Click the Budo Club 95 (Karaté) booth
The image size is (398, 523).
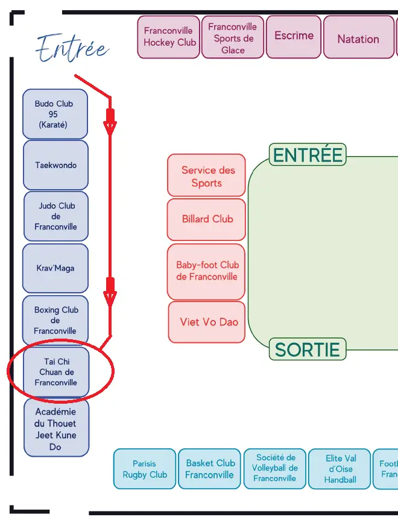click(x=55, y=114)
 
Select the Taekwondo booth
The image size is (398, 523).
click(x=55, y=165)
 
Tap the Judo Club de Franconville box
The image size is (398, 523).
click(x=55, y=216)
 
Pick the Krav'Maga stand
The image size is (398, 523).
click(x=55, y=268)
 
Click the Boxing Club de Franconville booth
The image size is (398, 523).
click(x=55, y=321)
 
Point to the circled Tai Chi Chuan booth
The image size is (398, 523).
click(x=56, y=372)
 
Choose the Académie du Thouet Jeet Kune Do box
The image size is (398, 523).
click(x=56, y=429)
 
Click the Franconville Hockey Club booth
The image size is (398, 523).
click(x=169, y=37)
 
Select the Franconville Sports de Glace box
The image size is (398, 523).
click(x=233, y=37)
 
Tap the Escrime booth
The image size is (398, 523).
click(x=294, y=36)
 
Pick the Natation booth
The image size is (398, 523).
click(x=358, y=38)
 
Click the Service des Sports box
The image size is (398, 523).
click(x=207, y=176)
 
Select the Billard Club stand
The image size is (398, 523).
click(x=207, y=219)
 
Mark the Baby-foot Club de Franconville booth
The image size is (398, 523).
click(x=207, y=271)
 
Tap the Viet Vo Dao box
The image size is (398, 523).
click(x=207, y=322)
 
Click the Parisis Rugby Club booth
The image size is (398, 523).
click(x=145, y=469)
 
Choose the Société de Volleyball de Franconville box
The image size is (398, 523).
click(x=274, y=468)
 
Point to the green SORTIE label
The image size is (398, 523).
click(x=308, y=349)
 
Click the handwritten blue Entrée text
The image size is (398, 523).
click(x=72, y=48)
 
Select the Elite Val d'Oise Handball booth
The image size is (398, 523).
click(x=340, y=469)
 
